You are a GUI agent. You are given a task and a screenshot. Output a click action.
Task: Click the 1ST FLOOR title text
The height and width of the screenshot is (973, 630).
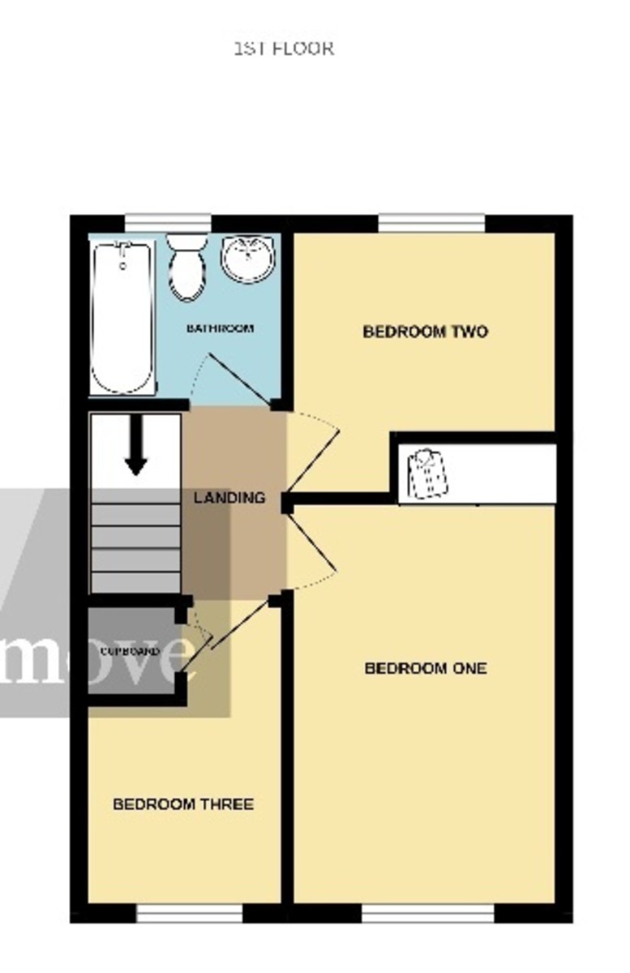point(284,49)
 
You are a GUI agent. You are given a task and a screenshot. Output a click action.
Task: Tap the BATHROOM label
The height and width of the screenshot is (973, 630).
point(220,328)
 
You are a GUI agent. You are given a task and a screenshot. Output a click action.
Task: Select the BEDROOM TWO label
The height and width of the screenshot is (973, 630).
point(425,332)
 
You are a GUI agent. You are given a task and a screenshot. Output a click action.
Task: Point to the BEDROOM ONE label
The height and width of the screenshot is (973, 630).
point(426,668)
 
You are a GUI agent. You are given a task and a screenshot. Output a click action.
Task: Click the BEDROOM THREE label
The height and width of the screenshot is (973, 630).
point(183,804)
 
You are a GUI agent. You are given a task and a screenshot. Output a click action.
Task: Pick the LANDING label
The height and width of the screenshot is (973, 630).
point(229,498)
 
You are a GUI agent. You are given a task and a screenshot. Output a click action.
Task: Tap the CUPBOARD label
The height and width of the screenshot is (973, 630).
point(129,651)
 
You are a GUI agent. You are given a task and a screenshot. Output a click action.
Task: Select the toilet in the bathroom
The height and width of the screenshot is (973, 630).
point(187,267)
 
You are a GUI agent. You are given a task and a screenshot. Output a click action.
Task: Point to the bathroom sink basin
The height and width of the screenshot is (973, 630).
point(247,259)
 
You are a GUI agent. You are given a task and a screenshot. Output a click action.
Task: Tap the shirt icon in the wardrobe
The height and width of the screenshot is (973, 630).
point(428,474)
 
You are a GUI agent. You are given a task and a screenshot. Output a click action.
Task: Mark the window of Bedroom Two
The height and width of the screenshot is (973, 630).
point(431,223)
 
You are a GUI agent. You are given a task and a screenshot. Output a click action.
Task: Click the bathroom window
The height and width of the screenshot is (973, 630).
point(168,223)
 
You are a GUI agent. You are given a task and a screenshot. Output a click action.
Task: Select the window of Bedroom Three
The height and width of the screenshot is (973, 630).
point(190,914)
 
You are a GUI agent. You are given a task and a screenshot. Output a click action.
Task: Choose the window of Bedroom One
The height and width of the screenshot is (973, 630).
point(427,914)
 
